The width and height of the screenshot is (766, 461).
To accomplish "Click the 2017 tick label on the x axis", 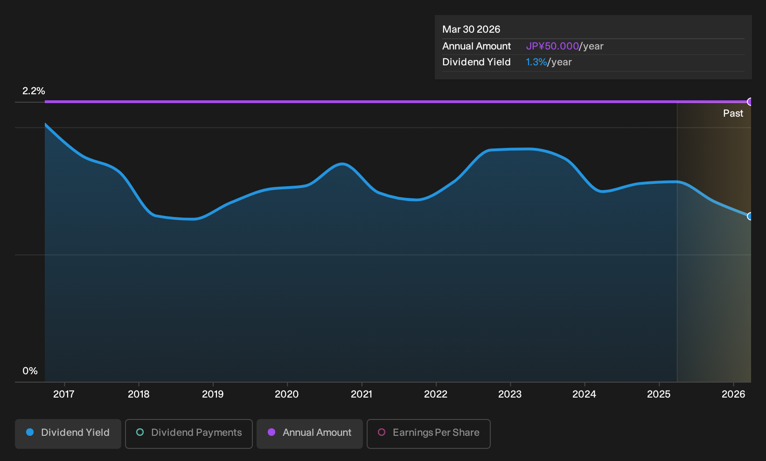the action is coord(64,394).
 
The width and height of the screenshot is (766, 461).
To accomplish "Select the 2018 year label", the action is coord(139,394).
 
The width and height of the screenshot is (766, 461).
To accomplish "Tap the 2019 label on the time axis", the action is coord(213,394).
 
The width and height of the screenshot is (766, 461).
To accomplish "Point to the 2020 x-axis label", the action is coord(287,394).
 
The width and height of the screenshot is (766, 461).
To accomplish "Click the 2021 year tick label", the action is coord(362,394).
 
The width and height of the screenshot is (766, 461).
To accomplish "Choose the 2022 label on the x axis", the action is coord(436,394).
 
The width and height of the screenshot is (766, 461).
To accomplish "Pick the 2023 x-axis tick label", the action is coord(510,394).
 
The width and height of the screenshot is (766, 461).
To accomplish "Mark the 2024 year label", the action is coord(585,394).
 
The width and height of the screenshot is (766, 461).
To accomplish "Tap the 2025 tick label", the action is coord(659,394).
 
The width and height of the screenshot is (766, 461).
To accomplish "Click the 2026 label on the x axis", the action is coord(733,394).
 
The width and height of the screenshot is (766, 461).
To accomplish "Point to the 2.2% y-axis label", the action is coord(34,91).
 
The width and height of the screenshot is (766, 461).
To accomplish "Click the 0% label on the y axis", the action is coord(30,371).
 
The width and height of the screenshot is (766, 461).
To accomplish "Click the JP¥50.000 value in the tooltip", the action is coord(552,46).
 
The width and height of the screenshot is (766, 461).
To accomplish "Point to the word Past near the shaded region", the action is coord(733,113).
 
